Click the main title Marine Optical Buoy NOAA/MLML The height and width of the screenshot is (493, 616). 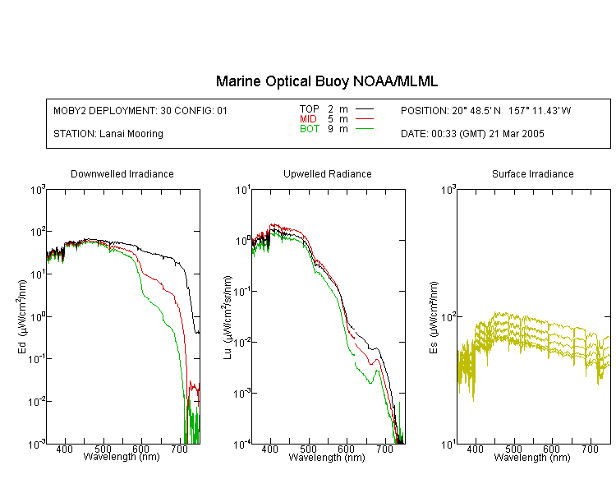point(326,82)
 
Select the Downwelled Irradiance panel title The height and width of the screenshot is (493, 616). point(122,173)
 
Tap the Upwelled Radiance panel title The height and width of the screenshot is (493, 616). point(328,173)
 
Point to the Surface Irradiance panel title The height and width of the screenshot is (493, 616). point(533,173)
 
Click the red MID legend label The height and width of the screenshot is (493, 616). point(308,118)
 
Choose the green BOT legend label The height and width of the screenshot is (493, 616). point(309,129)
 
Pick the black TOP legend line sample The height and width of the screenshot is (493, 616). point(365,109)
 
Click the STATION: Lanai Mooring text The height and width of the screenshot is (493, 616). point(108,134)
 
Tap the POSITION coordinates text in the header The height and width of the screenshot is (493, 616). point(486,110)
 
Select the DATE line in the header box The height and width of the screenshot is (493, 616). point(472,134)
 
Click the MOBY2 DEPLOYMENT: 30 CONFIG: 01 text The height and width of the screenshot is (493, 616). point(140,110)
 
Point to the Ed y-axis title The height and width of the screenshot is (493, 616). point(22,316)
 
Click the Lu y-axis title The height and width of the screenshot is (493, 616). point(228,317)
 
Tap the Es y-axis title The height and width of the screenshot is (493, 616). point(434,317)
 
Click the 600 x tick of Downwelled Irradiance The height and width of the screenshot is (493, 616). point(140,449)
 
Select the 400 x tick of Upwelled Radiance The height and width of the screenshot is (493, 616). point(270,449)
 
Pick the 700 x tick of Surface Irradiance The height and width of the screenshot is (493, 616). point(590,449)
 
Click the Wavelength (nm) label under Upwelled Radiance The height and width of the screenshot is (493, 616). point(327,457)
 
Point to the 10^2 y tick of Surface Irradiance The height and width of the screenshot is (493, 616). point(448,316)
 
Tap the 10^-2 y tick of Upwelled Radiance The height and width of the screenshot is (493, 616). point(242,342)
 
